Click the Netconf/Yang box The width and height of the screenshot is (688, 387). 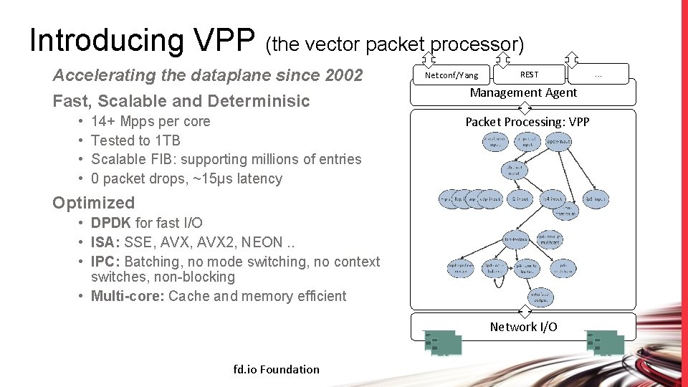coord(451,75)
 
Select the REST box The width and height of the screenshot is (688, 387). coord(529,74)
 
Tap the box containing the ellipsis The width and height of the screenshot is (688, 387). coord(598,74)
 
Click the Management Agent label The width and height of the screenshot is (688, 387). coord(523,92)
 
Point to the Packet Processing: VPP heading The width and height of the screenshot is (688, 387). coord(527,122)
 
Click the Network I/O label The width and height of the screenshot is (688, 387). coord(523,327)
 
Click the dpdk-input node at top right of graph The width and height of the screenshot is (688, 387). coord(558,143)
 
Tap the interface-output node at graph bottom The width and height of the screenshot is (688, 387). coord(540,296)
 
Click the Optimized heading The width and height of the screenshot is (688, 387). coord(93,203)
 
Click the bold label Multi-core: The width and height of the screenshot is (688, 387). coord(128,296)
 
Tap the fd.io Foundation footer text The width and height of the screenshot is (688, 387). coord(277,369)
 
